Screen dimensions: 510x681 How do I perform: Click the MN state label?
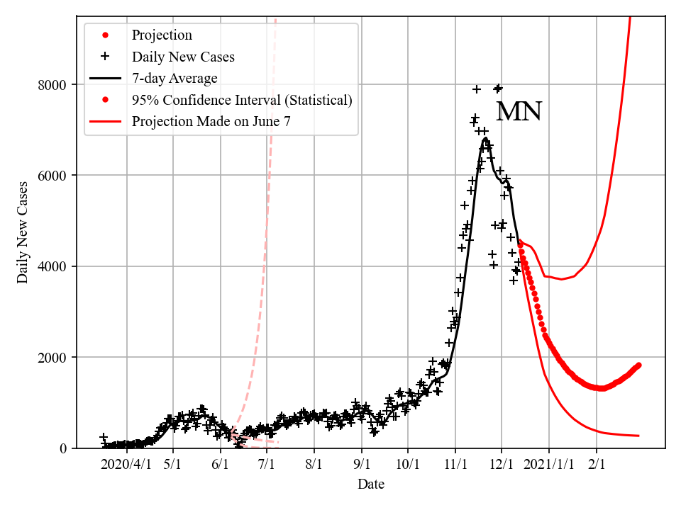519,112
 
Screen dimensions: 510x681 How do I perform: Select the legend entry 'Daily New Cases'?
183,57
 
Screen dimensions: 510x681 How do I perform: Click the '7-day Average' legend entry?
175,78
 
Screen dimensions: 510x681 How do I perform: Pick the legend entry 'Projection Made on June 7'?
211,121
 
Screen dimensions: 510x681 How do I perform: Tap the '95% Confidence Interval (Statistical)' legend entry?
242,100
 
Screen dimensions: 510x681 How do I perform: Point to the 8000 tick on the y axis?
54,85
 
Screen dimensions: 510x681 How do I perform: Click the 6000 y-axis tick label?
54,176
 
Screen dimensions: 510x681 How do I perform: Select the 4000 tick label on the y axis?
54,266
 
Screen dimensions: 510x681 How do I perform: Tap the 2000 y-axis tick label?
54,357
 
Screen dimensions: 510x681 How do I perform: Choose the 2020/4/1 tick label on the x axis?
126,465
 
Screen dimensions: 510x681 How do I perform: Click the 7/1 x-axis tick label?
267,465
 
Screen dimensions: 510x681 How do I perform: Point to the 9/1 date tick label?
362,465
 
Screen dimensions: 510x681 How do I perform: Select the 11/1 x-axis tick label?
455,465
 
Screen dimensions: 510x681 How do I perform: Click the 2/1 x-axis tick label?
597,465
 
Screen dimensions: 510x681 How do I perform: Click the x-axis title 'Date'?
371,484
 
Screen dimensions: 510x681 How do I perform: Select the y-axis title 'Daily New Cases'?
23,232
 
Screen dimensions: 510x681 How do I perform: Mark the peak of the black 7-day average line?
485,138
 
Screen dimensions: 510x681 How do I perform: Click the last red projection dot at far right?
638,365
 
